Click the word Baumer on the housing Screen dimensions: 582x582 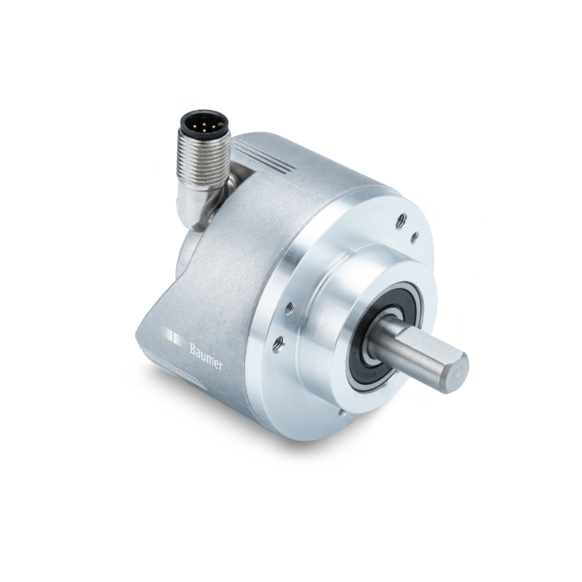[x=206, y=356]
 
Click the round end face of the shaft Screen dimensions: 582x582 [x=457, y=373]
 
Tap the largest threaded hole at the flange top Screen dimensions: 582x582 [x=400, y=221]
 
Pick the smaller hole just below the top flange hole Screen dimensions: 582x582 [x=414, y=238]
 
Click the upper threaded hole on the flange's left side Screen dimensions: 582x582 [x=289, y=308]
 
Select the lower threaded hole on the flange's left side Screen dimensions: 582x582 [x=279, y=344]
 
